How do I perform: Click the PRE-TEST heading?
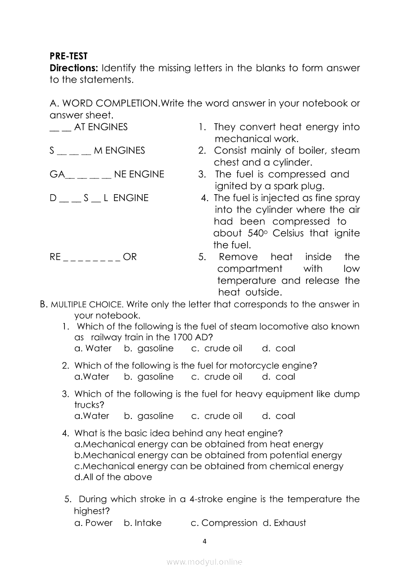[68, 56]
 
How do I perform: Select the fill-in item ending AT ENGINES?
[89, 127]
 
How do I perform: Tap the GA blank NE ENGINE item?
[107, 174]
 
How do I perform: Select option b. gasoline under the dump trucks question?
[149, 416]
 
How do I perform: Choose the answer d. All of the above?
[113, 477]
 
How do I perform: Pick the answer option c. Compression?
[224, 523]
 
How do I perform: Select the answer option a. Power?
[93, 523]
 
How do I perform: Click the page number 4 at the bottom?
[204, 541]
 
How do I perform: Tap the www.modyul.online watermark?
[204, 562]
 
